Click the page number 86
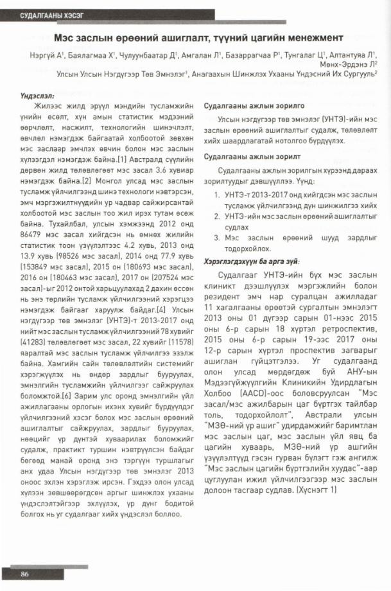pyautogui.click(x=24, y=574)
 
